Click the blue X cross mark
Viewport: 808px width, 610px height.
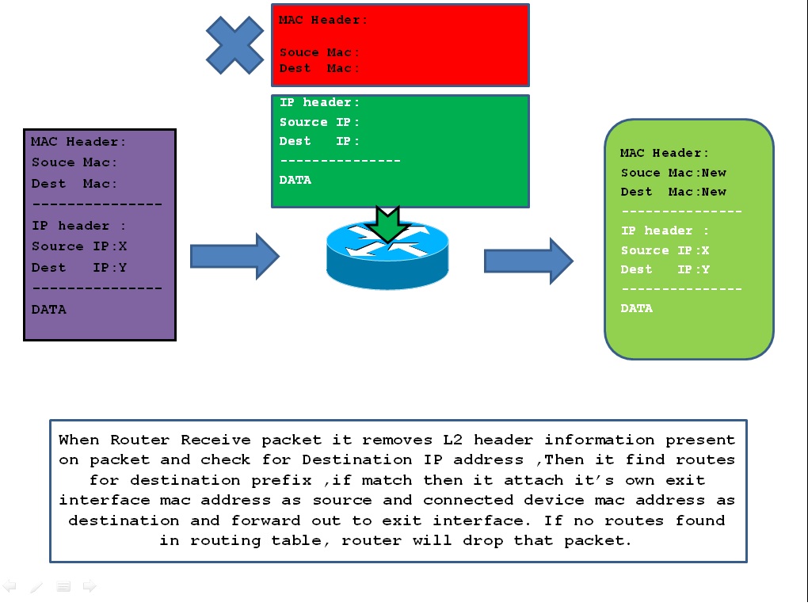click(235, 45)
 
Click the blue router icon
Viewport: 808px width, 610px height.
click(387, 255)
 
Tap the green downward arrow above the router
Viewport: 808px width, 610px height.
click(387, 225)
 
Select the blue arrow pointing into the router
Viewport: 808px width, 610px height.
click(235, 256)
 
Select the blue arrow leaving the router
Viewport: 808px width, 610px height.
click(528, 261)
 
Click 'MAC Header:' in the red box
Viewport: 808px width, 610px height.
click(322, 20)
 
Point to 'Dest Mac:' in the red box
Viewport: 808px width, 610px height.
click(319, 68)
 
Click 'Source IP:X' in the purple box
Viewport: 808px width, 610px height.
click(79, 246)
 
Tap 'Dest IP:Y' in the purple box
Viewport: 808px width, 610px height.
click(79, 268)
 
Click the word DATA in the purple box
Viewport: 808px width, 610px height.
click(49, 310)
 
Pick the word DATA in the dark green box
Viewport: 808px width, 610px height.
click(295, 180)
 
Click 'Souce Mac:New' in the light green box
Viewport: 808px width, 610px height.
click(673, 173)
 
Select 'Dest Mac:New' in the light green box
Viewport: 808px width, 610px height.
click(673, 192)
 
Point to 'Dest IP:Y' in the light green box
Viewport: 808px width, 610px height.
click(665, 269)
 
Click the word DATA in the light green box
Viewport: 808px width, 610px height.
click(637, 308)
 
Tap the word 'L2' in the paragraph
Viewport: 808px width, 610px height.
click(453, 440)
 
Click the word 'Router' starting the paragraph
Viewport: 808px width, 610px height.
click(139, 440)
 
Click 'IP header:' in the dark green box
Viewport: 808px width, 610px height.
click(319, 102)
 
